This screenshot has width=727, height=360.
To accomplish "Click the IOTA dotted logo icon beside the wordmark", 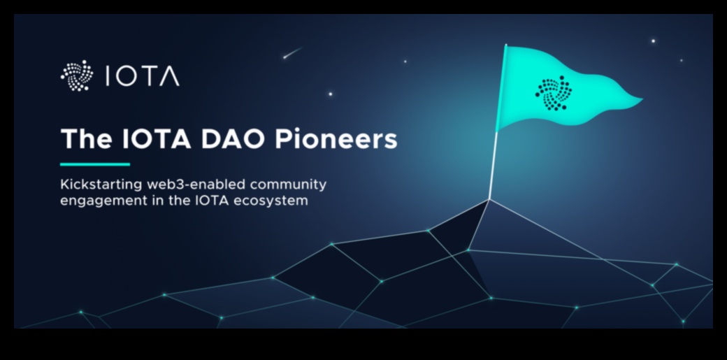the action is (x=76, y=75).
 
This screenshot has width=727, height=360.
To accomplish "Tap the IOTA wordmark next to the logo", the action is (x=143, y=76).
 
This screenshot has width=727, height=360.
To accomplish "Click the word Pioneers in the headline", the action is (x=336, y=138).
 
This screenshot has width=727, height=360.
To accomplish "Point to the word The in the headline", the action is (x=86, y=138).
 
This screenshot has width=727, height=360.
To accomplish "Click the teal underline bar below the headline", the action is (x=95, y=164).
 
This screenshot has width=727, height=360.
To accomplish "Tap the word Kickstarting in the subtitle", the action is (x=101, y=185).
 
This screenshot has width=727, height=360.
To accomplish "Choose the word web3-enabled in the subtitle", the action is (x=196, y=184).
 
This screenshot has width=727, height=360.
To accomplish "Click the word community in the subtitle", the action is (x=289, y=185).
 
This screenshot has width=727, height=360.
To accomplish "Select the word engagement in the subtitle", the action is (x=99, y=201).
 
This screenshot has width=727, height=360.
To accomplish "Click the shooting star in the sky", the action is (x=293, y=52).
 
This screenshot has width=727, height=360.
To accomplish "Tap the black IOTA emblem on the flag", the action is (x=554, y=93).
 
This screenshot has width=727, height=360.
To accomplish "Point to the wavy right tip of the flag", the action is (x=642, y=99).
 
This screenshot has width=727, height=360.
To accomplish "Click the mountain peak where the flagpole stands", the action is (x=489, y=199).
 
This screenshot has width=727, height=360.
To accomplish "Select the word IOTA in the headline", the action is (x=157, y=138).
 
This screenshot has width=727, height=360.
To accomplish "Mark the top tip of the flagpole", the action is (x=505, y=45).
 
